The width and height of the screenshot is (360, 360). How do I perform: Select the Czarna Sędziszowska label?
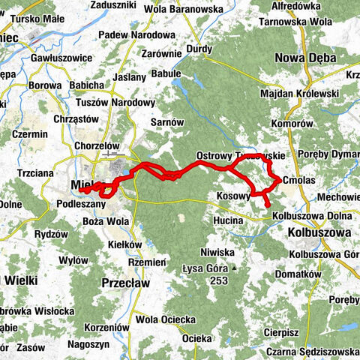click(315, 351)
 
